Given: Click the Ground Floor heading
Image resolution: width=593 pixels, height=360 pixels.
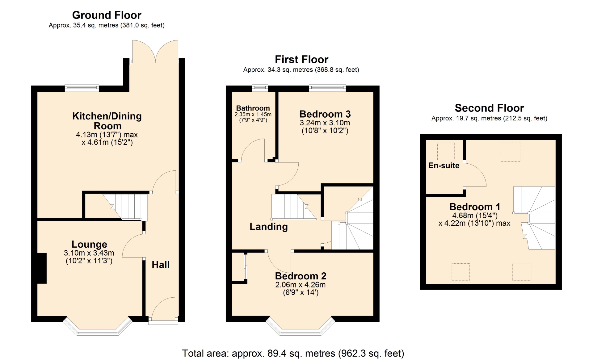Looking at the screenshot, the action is coord(107,15).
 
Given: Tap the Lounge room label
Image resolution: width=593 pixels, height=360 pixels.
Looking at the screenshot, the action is coord(89,244).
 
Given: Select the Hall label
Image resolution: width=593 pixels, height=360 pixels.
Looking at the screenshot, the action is coord(161,265).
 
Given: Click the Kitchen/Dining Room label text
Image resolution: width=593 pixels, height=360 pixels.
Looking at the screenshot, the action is coord(107,121).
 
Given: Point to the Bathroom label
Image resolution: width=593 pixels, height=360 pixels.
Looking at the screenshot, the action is coord(253,108).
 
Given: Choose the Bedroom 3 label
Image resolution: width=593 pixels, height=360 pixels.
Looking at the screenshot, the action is coord(325,114).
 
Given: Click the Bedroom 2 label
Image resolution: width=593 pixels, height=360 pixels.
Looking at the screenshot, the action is coord(301,276).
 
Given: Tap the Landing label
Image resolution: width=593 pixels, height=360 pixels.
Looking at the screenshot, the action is coord(269,227).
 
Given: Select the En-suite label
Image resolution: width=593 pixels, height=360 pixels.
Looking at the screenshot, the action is coord(444,165).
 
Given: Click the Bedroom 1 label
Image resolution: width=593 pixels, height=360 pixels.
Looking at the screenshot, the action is coord(474,207).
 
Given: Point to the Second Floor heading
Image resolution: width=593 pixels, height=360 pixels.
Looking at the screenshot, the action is coord(489,108).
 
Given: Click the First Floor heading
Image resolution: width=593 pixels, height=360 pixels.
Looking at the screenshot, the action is coord(301,59).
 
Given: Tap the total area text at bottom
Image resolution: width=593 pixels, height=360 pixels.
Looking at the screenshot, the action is coord(293,353).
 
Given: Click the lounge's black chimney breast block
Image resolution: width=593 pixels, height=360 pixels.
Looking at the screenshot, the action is coord(42,268).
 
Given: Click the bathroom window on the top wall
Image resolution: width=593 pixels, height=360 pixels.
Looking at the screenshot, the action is coord(260,88).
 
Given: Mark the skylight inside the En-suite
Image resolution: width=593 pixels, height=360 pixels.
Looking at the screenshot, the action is coord(446,151).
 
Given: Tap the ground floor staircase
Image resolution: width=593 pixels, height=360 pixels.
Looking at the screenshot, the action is coord(125,207).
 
